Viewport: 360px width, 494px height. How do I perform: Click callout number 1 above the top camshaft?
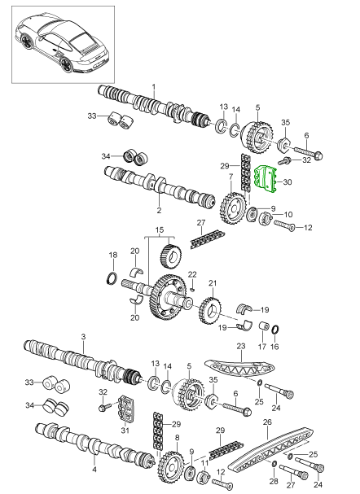[x=154, y=86]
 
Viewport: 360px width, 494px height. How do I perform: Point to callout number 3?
[x=83, y=335]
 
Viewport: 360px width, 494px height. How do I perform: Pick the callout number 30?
[x=286, y=183]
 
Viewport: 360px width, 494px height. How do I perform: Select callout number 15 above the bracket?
[x=160, y=230]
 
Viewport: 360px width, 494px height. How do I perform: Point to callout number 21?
[x=213, y=283]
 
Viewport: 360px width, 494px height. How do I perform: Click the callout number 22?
[x=193, y=273]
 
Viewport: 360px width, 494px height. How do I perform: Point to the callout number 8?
[x=178, y=438]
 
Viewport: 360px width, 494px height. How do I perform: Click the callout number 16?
[x=276, y=346]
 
